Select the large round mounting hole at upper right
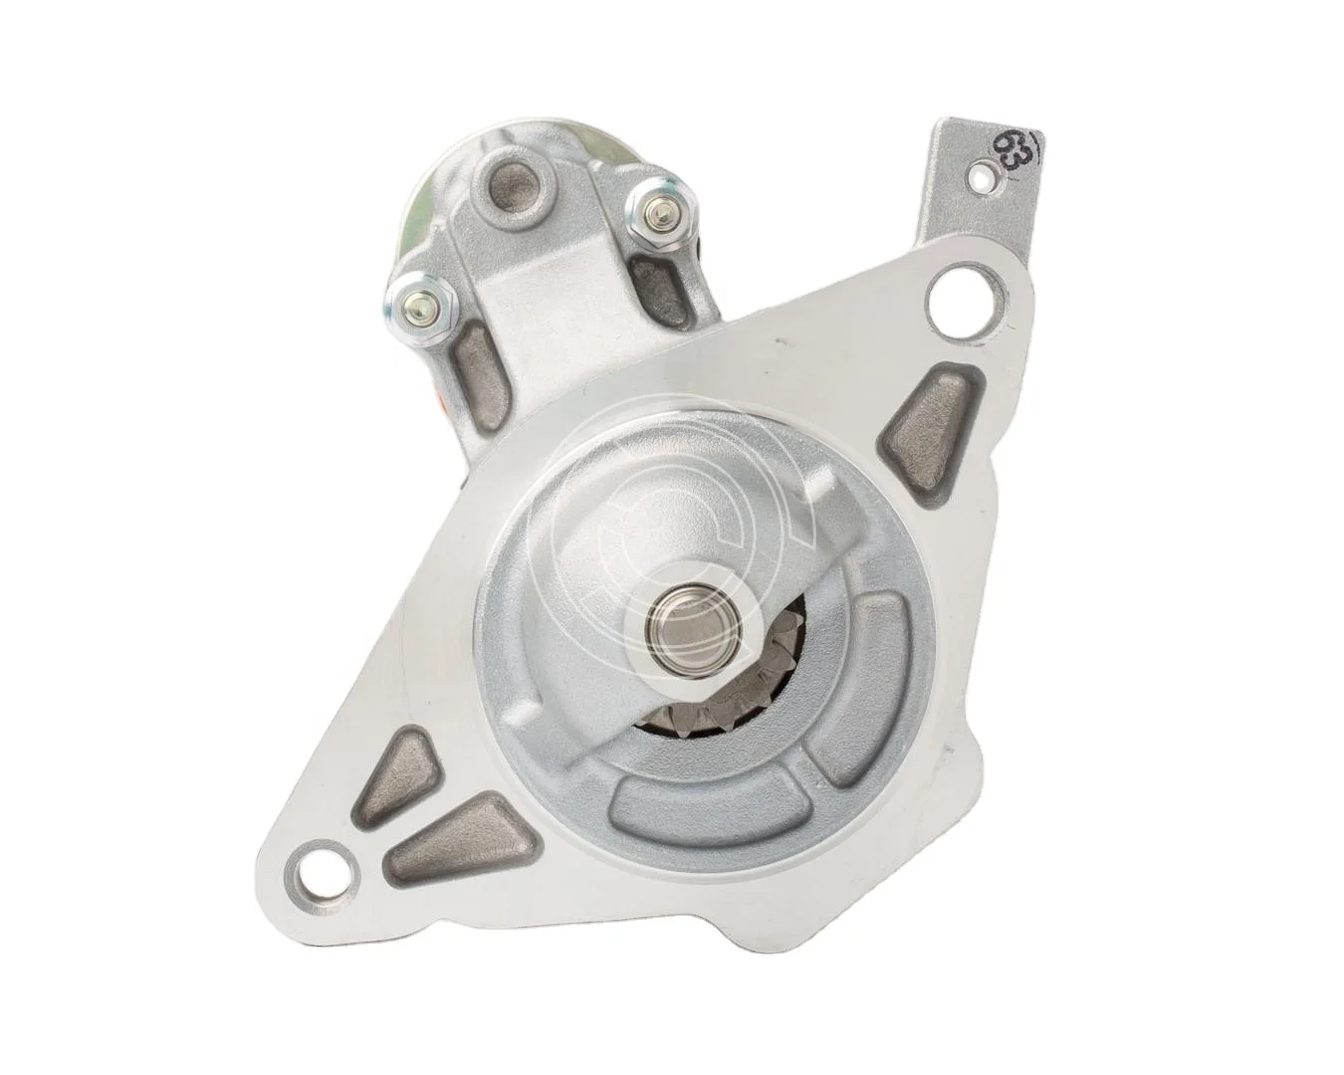pyautogui.click(x=953, y=296)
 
